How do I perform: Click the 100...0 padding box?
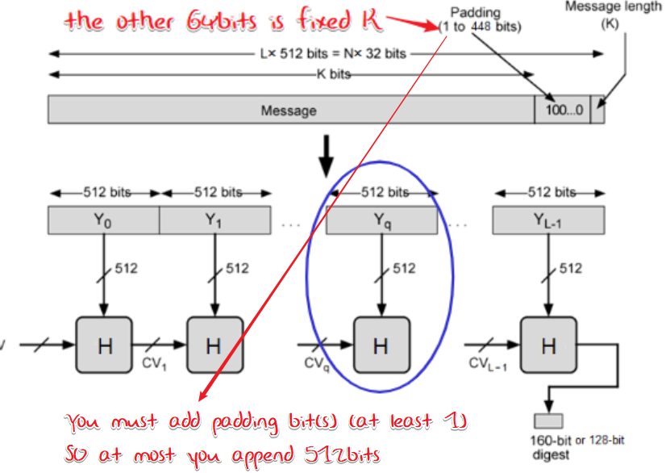pos(562,110)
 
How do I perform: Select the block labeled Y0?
pos(104,220)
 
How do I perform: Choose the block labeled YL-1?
pos(548,220)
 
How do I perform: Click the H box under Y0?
pos(104,345)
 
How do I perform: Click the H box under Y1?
pos(214,345)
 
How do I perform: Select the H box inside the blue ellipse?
pos(381,345)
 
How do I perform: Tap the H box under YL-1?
pos(548,345)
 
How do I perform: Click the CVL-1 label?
pos(488,364)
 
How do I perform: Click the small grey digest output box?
pos(550,421)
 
